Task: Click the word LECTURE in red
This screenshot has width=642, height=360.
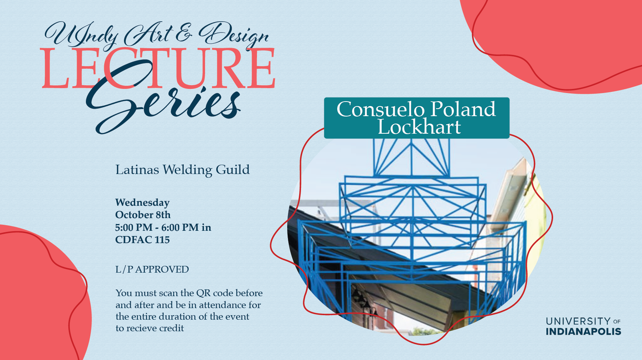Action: [158, 68]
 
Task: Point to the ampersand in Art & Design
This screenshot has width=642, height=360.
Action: [184, 33]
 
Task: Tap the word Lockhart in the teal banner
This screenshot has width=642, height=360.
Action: [419, 127]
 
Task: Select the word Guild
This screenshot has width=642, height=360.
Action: [233, 170]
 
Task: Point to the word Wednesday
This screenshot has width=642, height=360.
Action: [142, 203]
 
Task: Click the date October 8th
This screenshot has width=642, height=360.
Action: [143, 215]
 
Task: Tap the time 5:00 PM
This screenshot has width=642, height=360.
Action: [134, 227]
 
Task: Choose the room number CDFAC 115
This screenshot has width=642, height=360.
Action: [142, 240]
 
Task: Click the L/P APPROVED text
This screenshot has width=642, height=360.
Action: [152, 269]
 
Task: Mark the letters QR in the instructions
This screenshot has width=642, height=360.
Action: [204, 293]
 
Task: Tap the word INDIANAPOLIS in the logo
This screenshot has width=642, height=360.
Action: [583, 332]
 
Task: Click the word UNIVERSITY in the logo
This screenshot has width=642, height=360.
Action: [578, 321]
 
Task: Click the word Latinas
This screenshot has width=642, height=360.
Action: [137, 170]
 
